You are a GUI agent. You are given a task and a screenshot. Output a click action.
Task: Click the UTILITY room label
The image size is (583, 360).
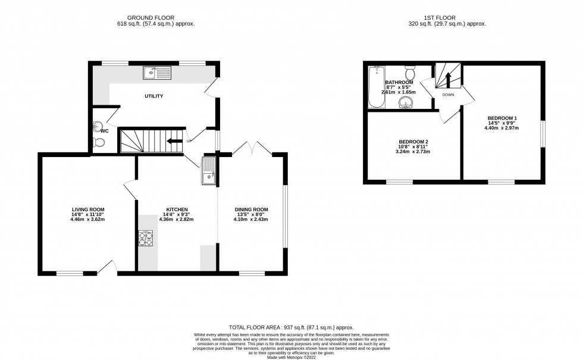pyautogui.click(x=153, y=96)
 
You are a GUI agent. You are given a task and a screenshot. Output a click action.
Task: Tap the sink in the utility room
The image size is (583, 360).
pyautogui.click(x=156, y=74)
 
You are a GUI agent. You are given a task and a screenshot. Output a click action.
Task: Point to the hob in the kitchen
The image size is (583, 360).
pyautogui.click(x=146, y=238)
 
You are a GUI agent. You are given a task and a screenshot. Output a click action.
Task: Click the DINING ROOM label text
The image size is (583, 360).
pyautogui.click(x=250, y=209)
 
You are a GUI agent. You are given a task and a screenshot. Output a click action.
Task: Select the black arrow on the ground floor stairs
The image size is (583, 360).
pyautogui.click(x=174, y=141)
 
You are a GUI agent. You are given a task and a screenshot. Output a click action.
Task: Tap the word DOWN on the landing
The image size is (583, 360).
pyautogui.click(x=448, y=95)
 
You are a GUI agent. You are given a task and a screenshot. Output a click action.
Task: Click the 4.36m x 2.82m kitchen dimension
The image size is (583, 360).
pyautogui.click(x=177, y=220)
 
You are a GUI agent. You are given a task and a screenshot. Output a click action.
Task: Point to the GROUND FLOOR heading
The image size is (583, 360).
pyautogui.click(x=156, y=18)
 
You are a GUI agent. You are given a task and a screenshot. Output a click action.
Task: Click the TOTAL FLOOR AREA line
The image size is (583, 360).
pyautogui.click(x=291, y=327)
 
